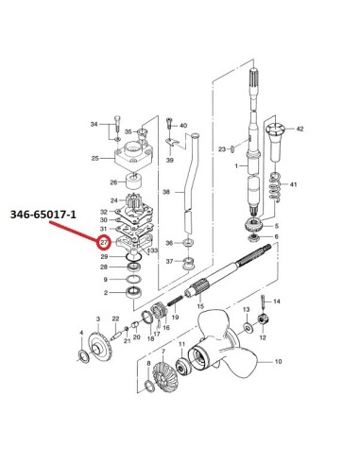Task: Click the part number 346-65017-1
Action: coord(43,215)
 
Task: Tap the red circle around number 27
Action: coord(104,242)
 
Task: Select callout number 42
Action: coord(300,129)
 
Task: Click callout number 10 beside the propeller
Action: coord(278,361)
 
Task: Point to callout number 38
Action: coord(166,192)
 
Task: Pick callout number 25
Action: coord(95,158)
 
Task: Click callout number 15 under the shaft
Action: coord(200,306)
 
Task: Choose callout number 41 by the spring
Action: coord(293,184)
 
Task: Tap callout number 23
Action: coord(222,148)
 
